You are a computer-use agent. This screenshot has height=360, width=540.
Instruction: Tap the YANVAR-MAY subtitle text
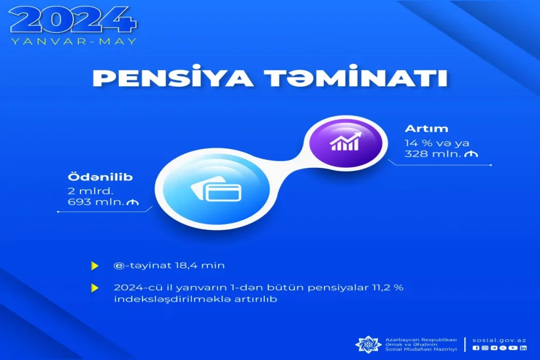[x=74, y=41]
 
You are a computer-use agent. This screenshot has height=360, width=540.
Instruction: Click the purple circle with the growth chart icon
[x=343, y=142]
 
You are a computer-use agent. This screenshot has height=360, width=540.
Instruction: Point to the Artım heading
[x=420, y=130]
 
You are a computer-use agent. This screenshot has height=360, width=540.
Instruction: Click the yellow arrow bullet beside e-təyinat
[x=95, y=266]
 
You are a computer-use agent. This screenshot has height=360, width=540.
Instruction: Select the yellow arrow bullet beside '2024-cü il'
[x=95, y=288]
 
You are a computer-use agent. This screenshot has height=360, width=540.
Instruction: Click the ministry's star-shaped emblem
[x=368, y=343]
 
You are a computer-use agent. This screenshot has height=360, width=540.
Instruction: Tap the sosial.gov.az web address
[x=499, y=340]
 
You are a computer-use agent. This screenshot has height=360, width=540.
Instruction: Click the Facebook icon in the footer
[x=475, y=348]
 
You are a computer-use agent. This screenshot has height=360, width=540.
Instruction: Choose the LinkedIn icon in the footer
[x=523, y=348]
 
